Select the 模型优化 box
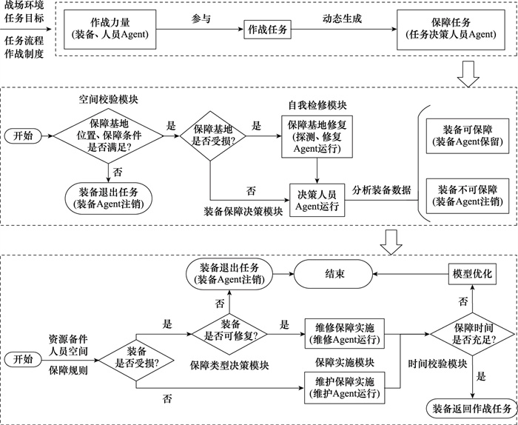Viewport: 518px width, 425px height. [471, 273]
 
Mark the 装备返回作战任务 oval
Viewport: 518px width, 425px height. [471, 407]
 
